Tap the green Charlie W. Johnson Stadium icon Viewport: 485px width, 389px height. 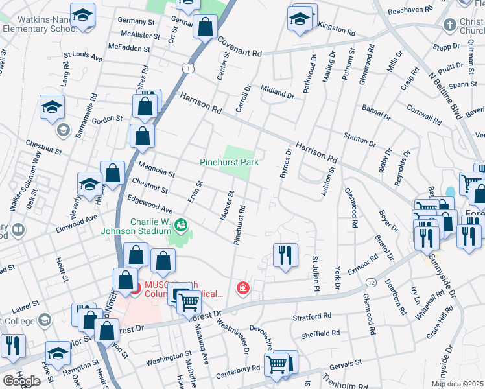(182, 224)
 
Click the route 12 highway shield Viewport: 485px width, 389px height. (370, 282)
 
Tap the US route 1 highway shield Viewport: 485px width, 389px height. (187, 67)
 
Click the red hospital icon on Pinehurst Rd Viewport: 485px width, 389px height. (243, 287)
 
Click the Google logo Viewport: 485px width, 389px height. (21, 381)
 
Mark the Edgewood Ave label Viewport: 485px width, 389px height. (150, 206)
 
